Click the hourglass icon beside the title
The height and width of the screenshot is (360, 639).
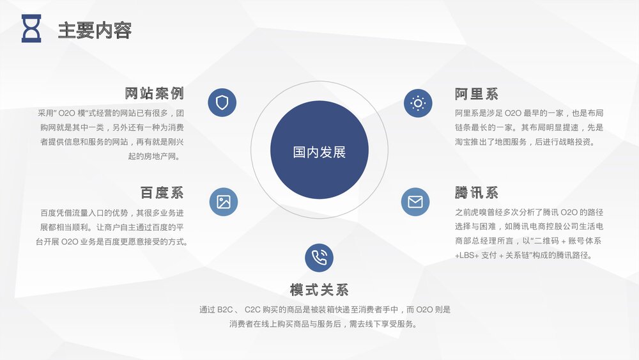tap(31, 29)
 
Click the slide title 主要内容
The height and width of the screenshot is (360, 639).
tap(95, 30)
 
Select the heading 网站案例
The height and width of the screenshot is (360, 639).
tap(154, 93)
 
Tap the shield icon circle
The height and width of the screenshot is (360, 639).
tap(222, 102)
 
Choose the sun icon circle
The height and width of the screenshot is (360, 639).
tap(418, 102)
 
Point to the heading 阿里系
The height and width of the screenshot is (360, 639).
tap(477, 94)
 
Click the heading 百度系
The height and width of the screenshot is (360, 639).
tap(162, 192)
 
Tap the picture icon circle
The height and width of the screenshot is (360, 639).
tap(224, 202)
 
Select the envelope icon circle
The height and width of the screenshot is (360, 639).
tap(415, 202)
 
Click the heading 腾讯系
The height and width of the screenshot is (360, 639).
tap(477, 192)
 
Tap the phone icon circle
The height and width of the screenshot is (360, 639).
tap(319, 258)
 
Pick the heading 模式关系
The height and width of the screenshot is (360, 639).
tap(319, 290)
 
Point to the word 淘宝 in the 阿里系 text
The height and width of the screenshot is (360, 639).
tap(463, 142)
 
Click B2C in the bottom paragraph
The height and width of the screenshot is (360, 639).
tap(225, 310)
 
